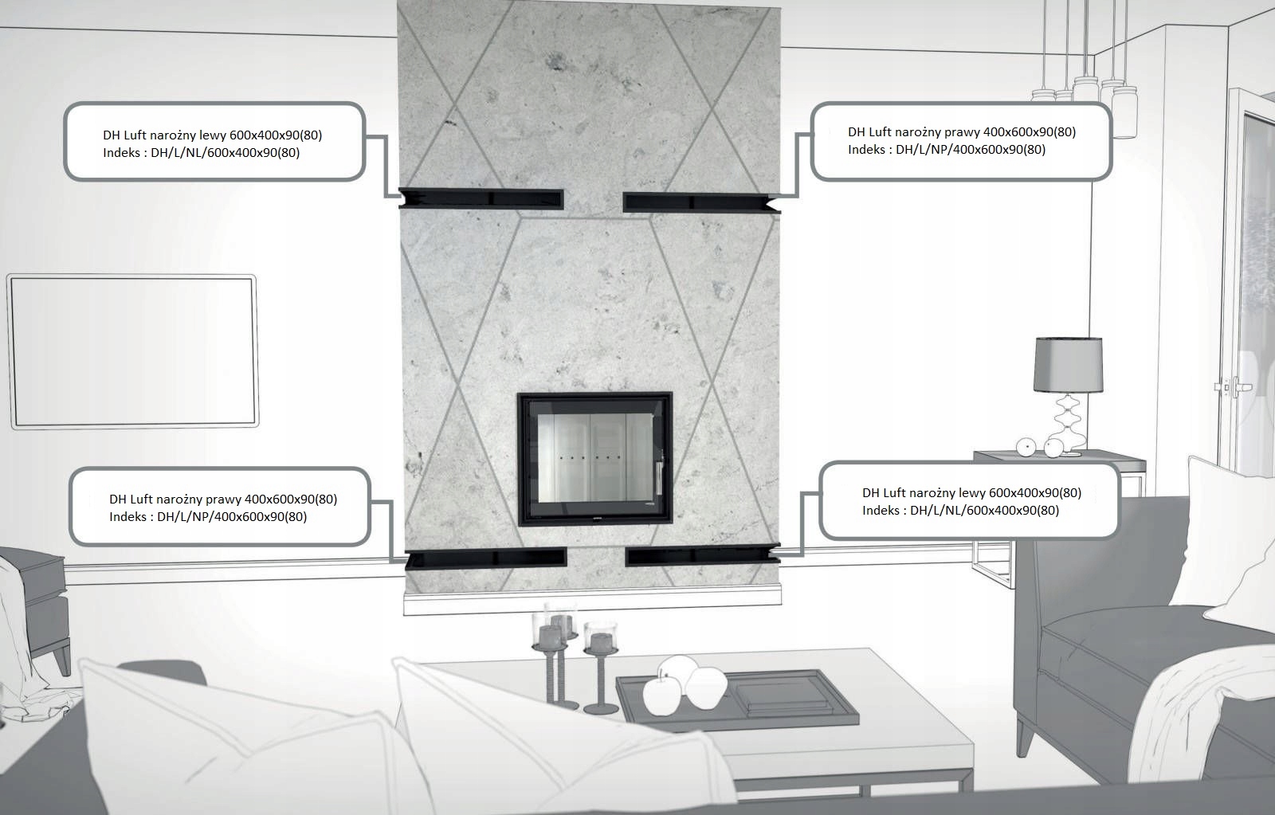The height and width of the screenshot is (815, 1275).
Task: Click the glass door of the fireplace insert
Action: (594, 458)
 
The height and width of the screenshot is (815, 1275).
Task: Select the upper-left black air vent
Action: (483, 198)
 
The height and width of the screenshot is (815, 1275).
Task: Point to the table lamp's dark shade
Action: (1068, 364)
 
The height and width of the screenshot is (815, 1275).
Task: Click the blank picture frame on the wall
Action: (132, 351)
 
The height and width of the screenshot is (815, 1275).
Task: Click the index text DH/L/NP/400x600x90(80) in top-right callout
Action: (971, 150)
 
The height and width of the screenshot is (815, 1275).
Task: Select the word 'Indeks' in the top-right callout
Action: (866, 150)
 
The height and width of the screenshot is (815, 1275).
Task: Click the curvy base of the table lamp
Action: (1068, 422)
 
